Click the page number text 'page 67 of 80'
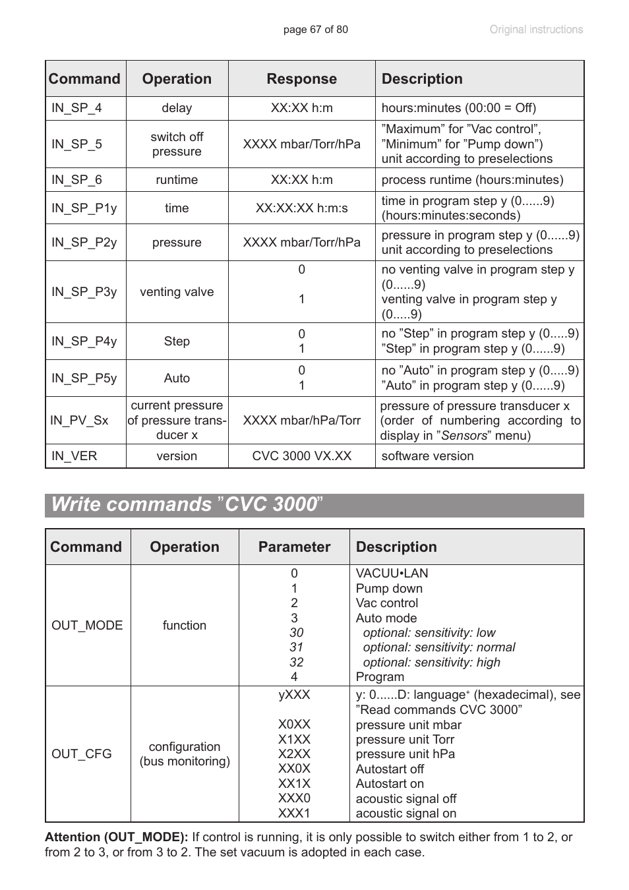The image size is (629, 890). pyautogui.click(x=315, y=30)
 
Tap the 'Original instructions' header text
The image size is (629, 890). pyautogui.click(x=535, y=30)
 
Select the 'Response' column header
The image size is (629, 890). pyautogui.click(x=301, y=79)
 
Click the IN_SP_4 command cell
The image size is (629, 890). pyautogui.click(x=76, y=108)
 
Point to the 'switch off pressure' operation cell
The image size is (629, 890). pyautogui.click(x=177, y=144)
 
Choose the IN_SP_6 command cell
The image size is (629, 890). pyautogui.click(x=76, y=180)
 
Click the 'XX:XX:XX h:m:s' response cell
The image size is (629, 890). pyautogui.click(x=301, y=208)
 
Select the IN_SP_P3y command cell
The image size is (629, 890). pyautogui.click(x=84, y=292)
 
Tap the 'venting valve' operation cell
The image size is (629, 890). pyautogui.click(x=177, y=292)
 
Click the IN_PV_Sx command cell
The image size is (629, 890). pyautogui.click(x=79, y=421)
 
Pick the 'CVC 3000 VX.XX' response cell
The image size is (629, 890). pyautogui.click(x=301, y=456)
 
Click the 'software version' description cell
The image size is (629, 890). pyautogui.click(x=427, y=456)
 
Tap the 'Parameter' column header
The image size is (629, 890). pyautogui.click(x=294, y=547)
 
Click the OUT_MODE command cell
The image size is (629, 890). pyautogui.click(x=87, y=626)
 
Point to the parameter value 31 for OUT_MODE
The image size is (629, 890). pyautogui.click(x=296, y=647)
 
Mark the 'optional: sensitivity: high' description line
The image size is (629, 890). pyautogui.click(x=431, y=663)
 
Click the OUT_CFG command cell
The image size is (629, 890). pyautogui.click(x=82, y=754)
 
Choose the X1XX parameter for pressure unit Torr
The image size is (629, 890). pyautogui.click(x=294, y=740)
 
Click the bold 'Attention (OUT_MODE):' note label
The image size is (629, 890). pyautogui.click(x=117, y=837)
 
